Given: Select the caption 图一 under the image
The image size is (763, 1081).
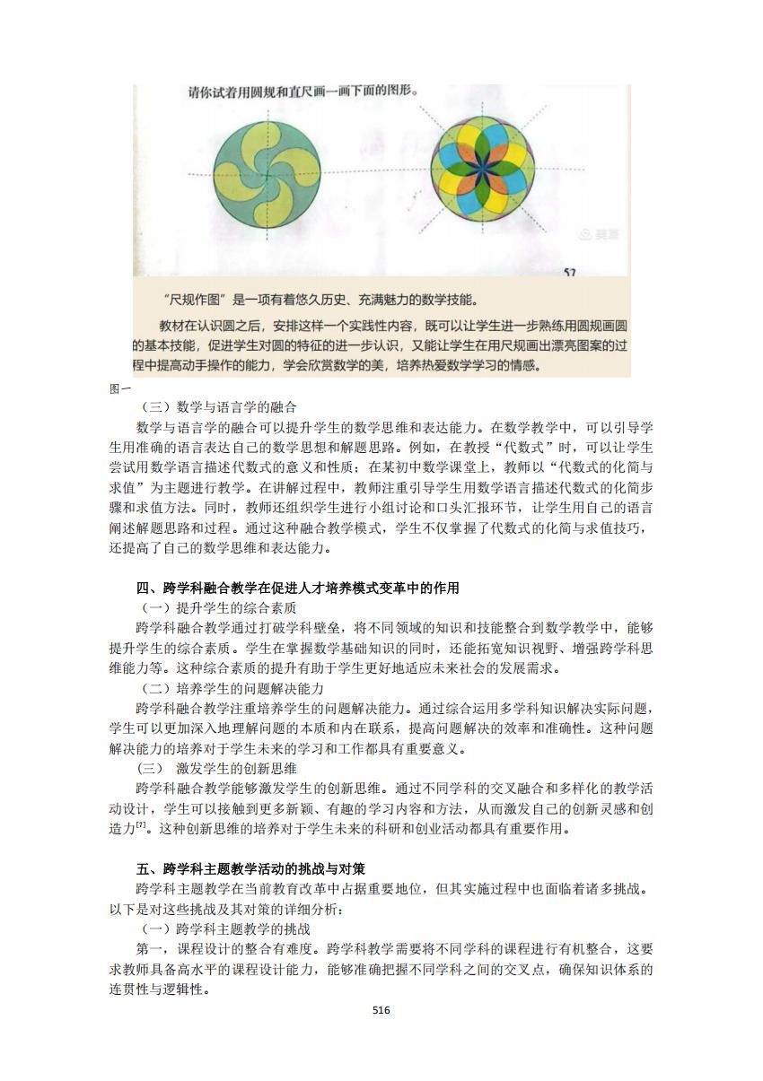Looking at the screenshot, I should (x=120, y=388).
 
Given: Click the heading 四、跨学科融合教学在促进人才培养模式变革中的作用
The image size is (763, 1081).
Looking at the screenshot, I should (x=298, y=588).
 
